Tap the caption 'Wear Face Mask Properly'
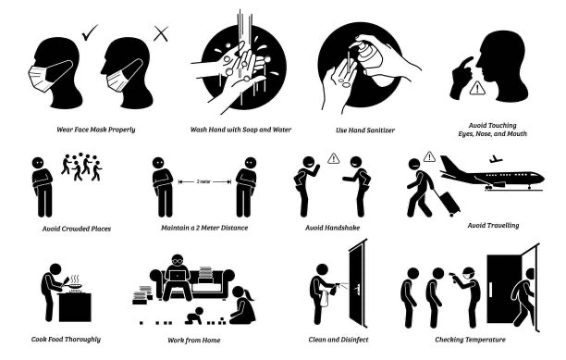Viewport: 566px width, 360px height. click(x=92, y=129)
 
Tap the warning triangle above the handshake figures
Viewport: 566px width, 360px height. click(x=334, y=158)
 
